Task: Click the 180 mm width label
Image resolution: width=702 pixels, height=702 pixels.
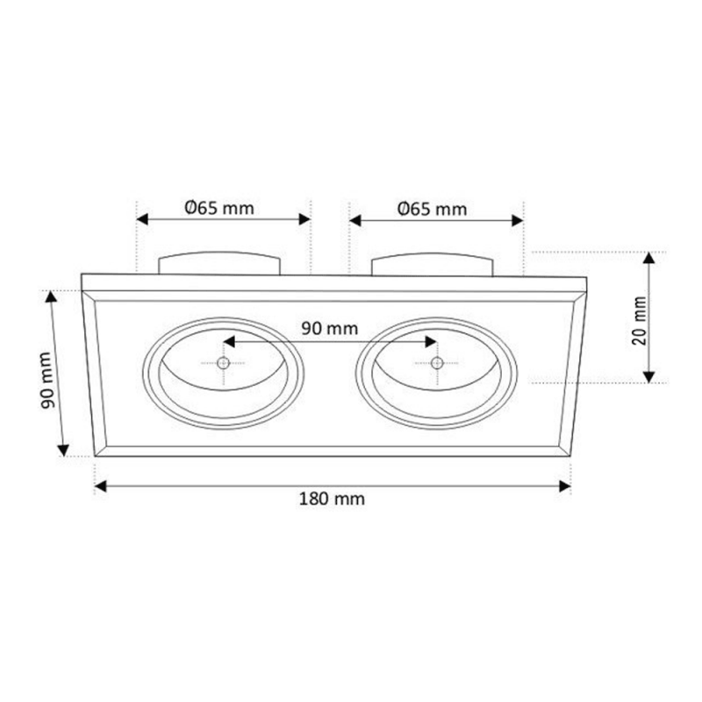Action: pos(332,498)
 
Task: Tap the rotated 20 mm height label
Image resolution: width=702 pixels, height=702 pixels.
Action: pos(640,320)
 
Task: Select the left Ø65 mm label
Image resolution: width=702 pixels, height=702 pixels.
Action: pos(219,208)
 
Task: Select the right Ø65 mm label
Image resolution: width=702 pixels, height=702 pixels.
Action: pos(433,209)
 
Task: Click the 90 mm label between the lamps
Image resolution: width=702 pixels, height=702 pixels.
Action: pos(330,328)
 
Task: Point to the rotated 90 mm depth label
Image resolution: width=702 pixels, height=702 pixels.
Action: pos(47,380)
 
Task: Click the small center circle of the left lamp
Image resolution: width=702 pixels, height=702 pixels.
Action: pos(223,362)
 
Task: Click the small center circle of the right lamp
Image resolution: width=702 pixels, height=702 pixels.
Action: pos(436,363)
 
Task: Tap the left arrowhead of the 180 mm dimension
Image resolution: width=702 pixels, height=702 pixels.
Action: pos(101,486)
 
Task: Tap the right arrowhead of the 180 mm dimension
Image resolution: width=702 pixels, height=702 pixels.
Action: pos(565,486)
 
